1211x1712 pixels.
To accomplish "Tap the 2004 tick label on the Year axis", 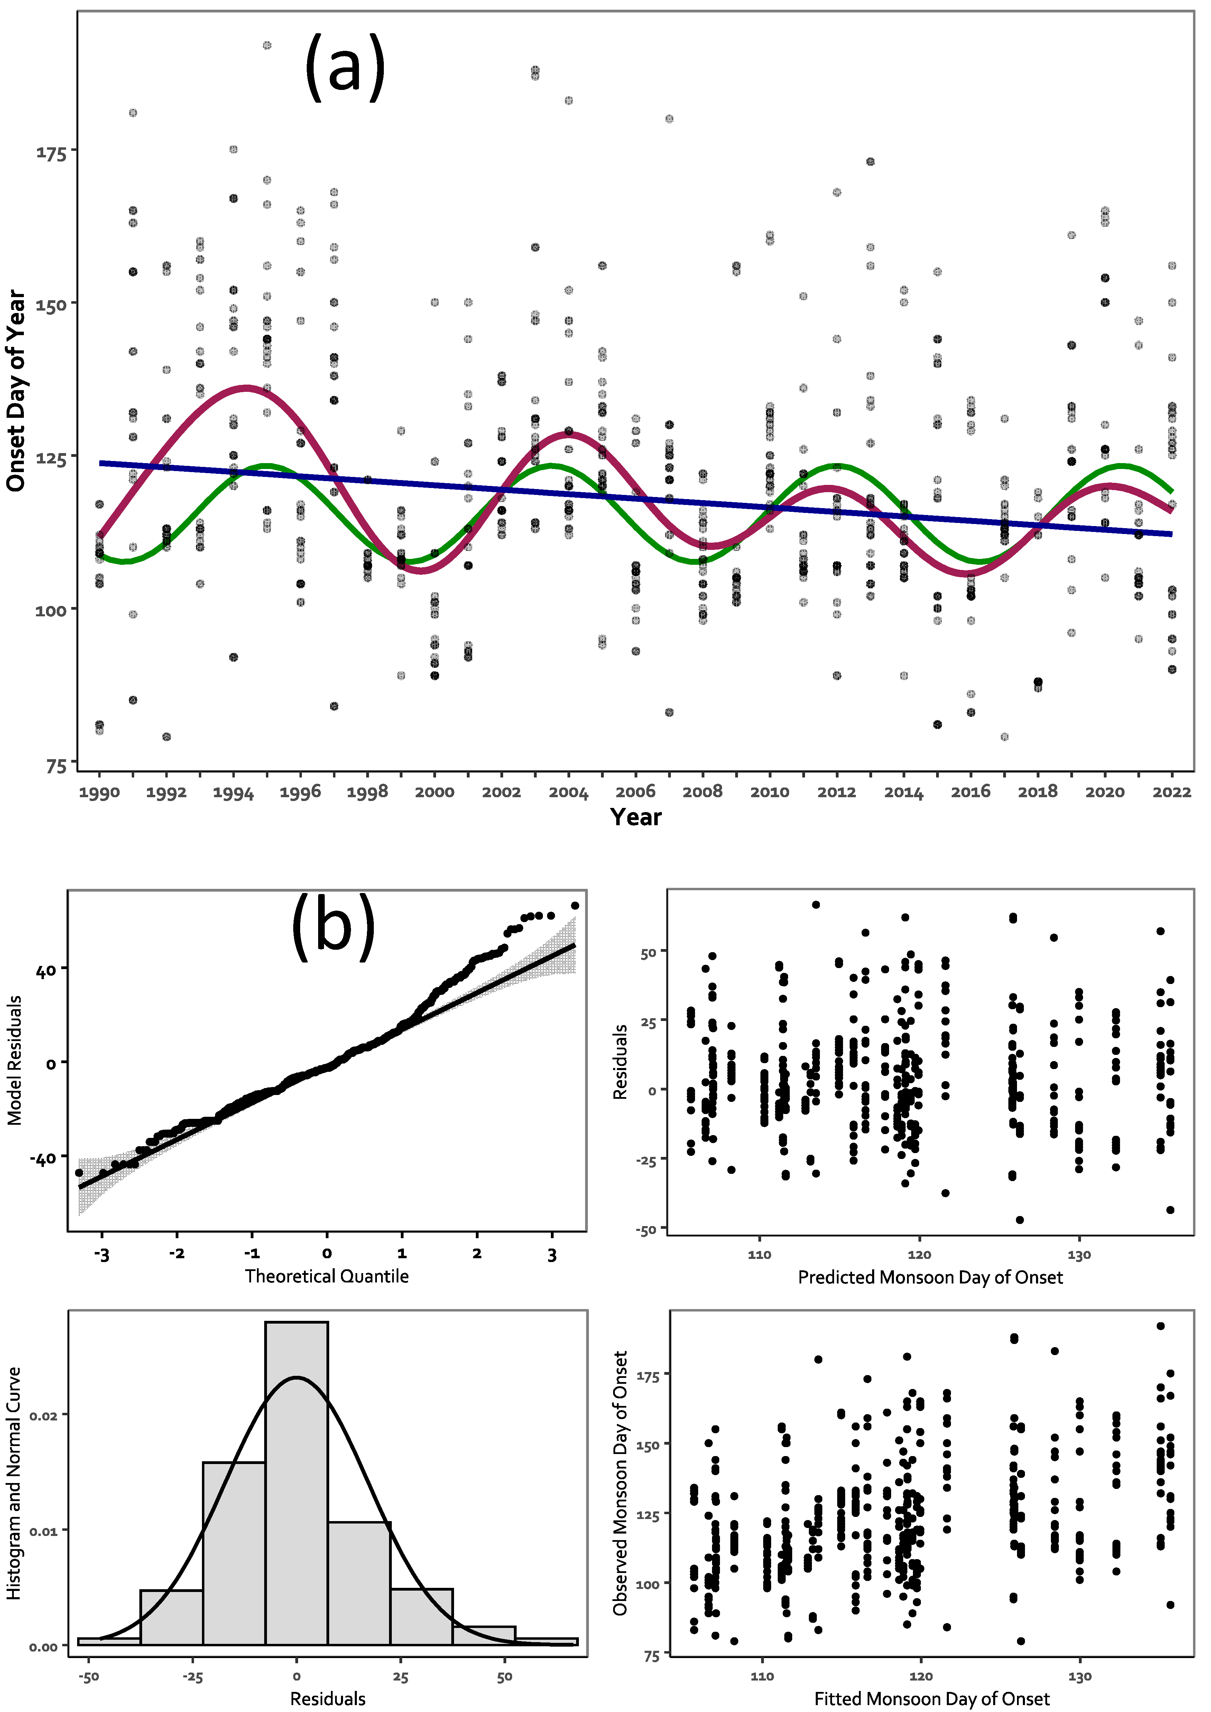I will click(x=568, y=793).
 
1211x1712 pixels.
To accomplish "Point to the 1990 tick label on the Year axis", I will click(x=99, y=793).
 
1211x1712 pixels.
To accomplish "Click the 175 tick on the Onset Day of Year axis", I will click(x=52, y=153).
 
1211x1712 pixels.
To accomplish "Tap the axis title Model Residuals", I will click(x=14, y=1060).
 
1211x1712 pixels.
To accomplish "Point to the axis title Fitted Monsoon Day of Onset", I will click(x=931, y=1699).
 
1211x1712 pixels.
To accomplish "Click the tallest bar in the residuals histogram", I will click(x=296, y=1484).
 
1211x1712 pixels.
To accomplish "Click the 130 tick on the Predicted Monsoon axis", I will click(x=1079, y=1255).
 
